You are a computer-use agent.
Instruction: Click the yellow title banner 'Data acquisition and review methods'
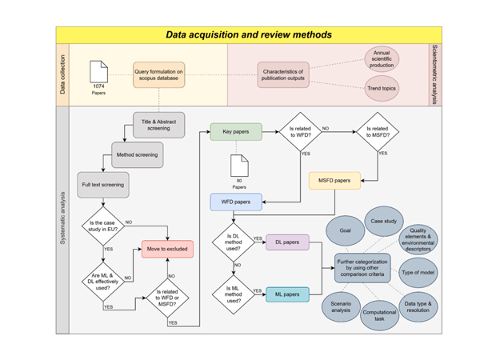[x=248, y=35]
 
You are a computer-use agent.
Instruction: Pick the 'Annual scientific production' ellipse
[x=382, y=59]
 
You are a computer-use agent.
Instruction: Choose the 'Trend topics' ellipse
[x=382, y=89]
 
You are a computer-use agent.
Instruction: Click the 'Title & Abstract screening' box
[x=159, y=125]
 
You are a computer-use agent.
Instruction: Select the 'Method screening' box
[x=137, y=154]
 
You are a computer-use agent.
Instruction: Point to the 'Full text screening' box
[x=102, y=185]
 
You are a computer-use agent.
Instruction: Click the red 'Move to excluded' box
[x=167, y=249]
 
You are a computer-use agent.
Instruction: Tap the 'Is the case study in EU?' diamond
[x=102, y=227]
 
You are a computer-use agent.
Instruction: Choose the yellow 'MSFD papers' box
[x=334, y=181]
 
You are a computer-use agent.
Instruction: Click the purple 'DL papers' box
[x=287, y=242]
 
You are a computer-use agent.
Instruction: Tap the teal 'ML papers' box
[x=287, y=294]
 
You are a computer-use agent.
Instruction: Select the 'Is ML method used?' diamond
[x=233, y=294]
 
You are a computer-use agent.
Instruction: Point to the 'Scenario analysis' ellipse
[x=342, y=305]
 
